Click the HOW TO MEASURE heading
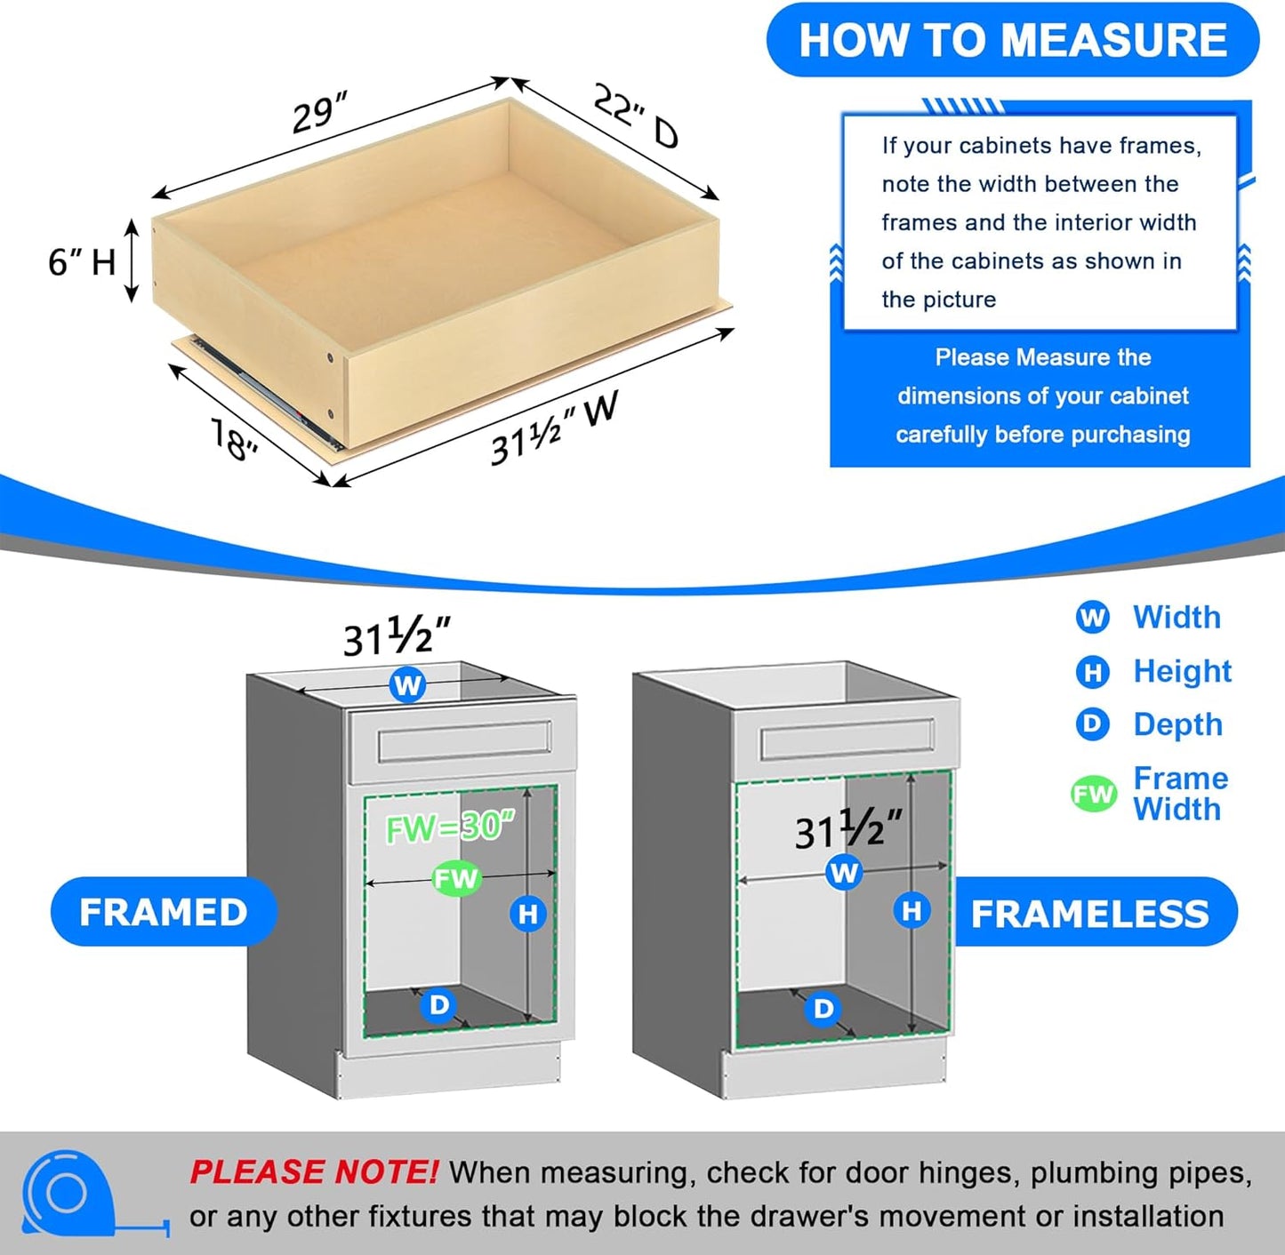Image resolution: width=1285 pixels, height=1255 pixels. pos(1012,41)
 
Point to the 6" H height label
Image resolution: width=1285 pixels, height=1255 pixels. pos(82,262)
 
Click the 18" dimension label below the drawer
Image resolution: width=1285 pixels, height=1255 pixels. pos(234,439)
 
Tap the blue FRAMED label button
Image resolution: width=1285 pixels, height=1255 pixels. pos(164,912)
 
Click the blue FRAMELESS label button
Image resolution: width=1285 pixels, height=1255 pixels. pos(1089,914)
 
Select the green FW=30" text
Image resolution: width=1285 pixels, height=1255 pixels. pos(450,827)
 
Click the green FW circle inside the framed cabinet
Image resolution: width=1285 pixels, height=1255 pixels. pos(456,879)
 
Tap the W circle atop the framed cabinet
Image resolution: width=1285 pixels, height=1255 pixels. pos(407,685)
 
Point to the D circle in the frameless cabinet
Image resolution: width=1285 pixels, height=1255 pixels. pos(823,1009)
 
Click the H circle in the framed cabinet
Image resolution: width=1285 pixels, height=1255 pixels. pos(528,914)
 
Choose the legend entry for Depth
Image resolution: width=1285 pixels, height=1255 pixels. pos(1177,724)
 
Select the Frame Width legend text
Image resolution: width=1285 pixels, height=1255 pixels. pos(1180,794)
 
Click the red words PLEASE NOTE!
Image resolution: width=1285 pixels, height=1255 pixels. pos(313,1172)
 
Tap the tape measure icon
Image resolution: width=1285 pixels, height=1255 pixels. pos(71,1194)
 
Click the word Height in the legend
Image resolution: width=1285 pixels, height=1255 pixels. pos(1182,671)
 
